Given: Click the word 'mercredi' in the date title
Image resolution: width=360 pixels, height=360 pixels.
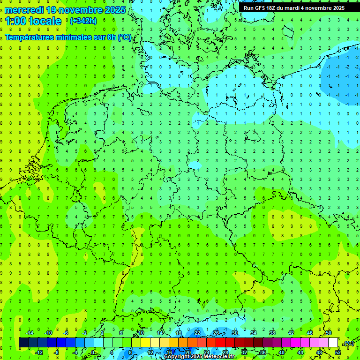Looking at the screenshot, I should pos(24,10).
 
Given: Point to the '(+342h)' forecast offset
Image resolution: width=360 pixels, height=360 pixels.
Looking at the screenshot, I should pos(83,21).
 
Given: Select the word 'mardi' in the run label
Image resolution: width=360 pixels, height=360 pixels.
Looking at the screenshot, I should pos(300,8).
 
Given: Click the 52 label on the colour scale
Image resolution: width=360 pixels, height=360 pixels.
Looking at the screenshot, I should pos(338,352).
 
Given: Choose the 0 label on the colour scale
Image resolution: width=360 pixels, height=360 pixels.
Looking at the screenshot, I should pos(93,352).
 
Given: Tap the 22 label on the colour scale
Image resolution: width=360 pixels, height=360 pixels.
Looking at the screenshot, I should pos(197,333).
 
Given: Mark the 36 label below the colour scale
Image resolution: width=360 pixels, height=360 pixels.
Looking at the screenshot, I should pos(263,352).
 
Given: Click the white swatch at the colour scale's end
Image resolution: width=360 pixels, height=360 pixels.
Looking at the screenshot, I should pos(333,343).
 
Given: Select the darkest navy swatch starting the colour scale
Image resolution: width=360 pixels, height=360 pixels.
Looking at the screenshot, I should pos(23,343).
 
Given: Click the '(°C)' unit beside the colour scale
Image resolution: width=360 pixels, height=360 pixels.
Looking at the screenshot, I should pos(349,343).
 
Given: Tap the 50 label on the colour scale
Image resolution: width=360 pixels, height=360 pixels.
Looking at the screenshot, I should pos(329,333).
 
